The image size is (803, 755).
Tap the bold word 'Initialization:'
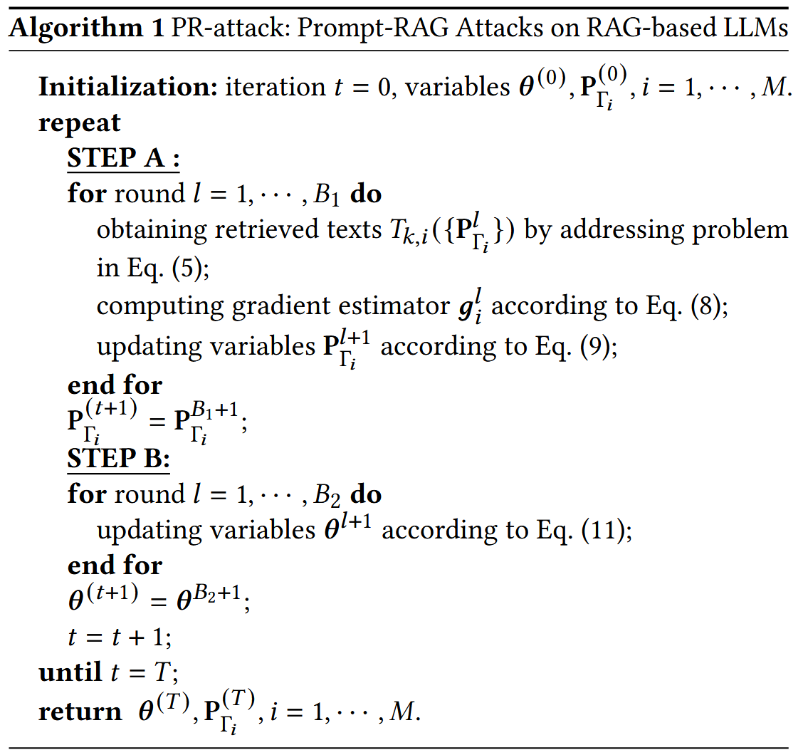point(128,87)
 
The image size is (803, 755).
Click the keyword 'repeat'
point(79,123)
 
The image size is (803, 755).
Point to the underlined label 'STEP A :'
point(123,157)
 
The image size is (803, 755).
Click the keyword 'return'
point(79,711)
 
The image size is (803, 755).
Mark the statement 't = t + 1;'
point(120,637)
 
